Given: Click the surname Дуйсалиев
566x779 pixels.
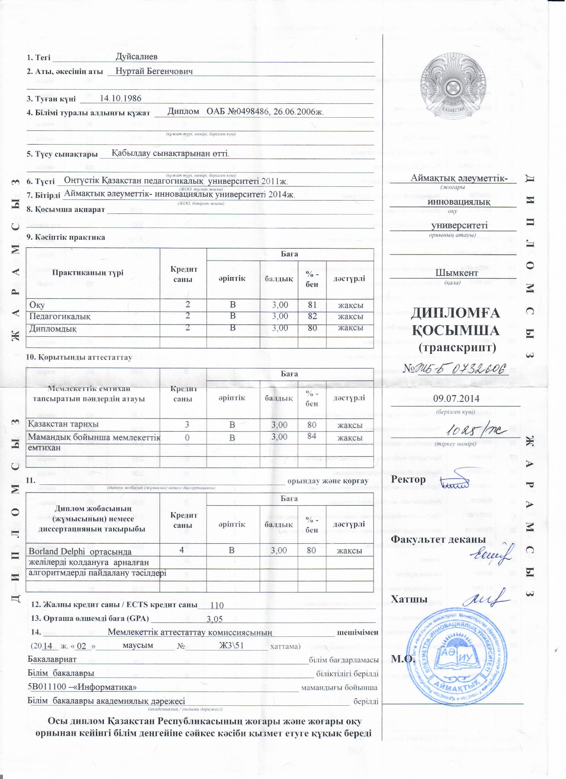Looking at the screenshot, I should coord(137,57).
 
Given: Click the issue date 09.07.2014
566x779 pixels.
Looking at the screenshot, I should coord(456,398).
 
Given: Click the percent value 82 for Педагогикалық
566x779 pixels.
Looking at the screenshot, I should coord(312,316).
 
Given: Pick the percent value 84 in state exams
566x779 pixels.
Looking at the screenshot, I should coord(311,436).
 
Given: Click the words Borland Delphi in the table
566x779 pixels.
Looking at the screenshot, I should coord(56,552).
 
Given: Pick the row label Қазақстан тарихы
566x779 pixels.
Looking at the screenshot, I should coord(64,424).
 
